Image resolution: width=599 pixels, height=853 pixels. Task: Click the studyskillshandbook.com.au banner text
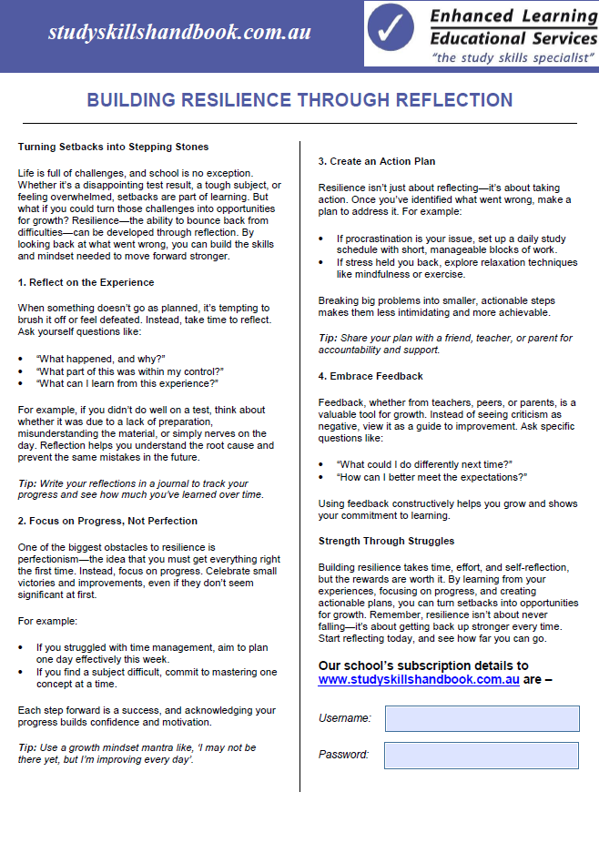tap(179, 33)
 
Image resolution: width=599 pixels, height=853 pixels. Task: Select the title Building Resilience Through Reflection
tap(299, 100)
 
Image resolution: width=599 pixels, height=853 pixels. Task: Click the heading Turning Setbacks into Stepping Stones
tap(113, 147)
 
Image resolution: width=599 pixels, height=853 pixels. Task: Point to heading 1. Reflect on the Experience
tap(86, 282)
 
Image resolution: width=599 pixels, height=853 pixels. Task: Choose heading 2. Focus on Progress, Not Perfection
tap(107, 521)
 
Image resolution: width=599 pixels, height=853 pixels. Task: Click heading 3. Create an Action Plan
tap(377, 162)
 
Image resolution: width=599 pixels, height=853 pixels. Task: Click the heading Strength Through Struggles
tap(386, 541)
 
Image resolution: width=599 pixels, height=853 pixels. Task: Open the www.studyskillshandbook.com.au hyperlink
tap(419, 679)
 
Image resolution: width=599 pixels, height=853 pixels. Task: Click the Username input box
tap(482, 718)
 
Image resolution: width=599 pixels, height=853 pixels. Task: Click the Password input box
tap(482, 755)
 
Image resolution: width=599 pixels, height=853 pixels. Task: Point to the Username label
tap(344, 718)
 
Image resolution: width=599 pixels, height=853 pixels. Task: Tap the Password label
tap(343, 755)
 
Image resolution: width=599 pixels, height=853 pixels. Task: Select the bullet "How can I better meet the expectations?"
tap(431, 477)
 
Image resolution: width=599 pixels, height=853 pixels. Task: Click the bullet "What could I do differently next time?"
tap(425, 464)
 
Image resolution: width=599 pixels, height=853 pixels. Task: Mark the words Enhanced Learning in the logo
tap(513, 16)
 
